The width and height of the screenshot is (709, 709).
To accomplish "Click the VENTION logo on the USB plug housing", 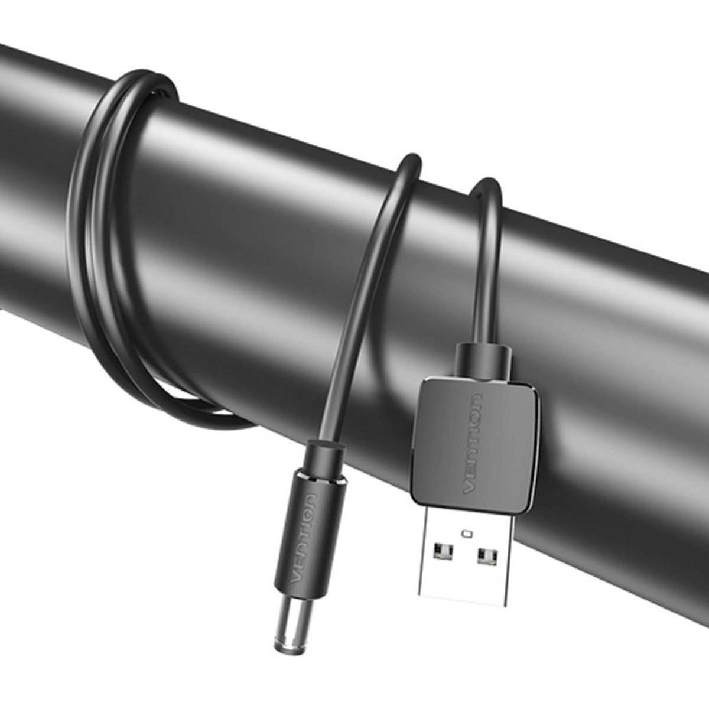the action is [x=473, y=444].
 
